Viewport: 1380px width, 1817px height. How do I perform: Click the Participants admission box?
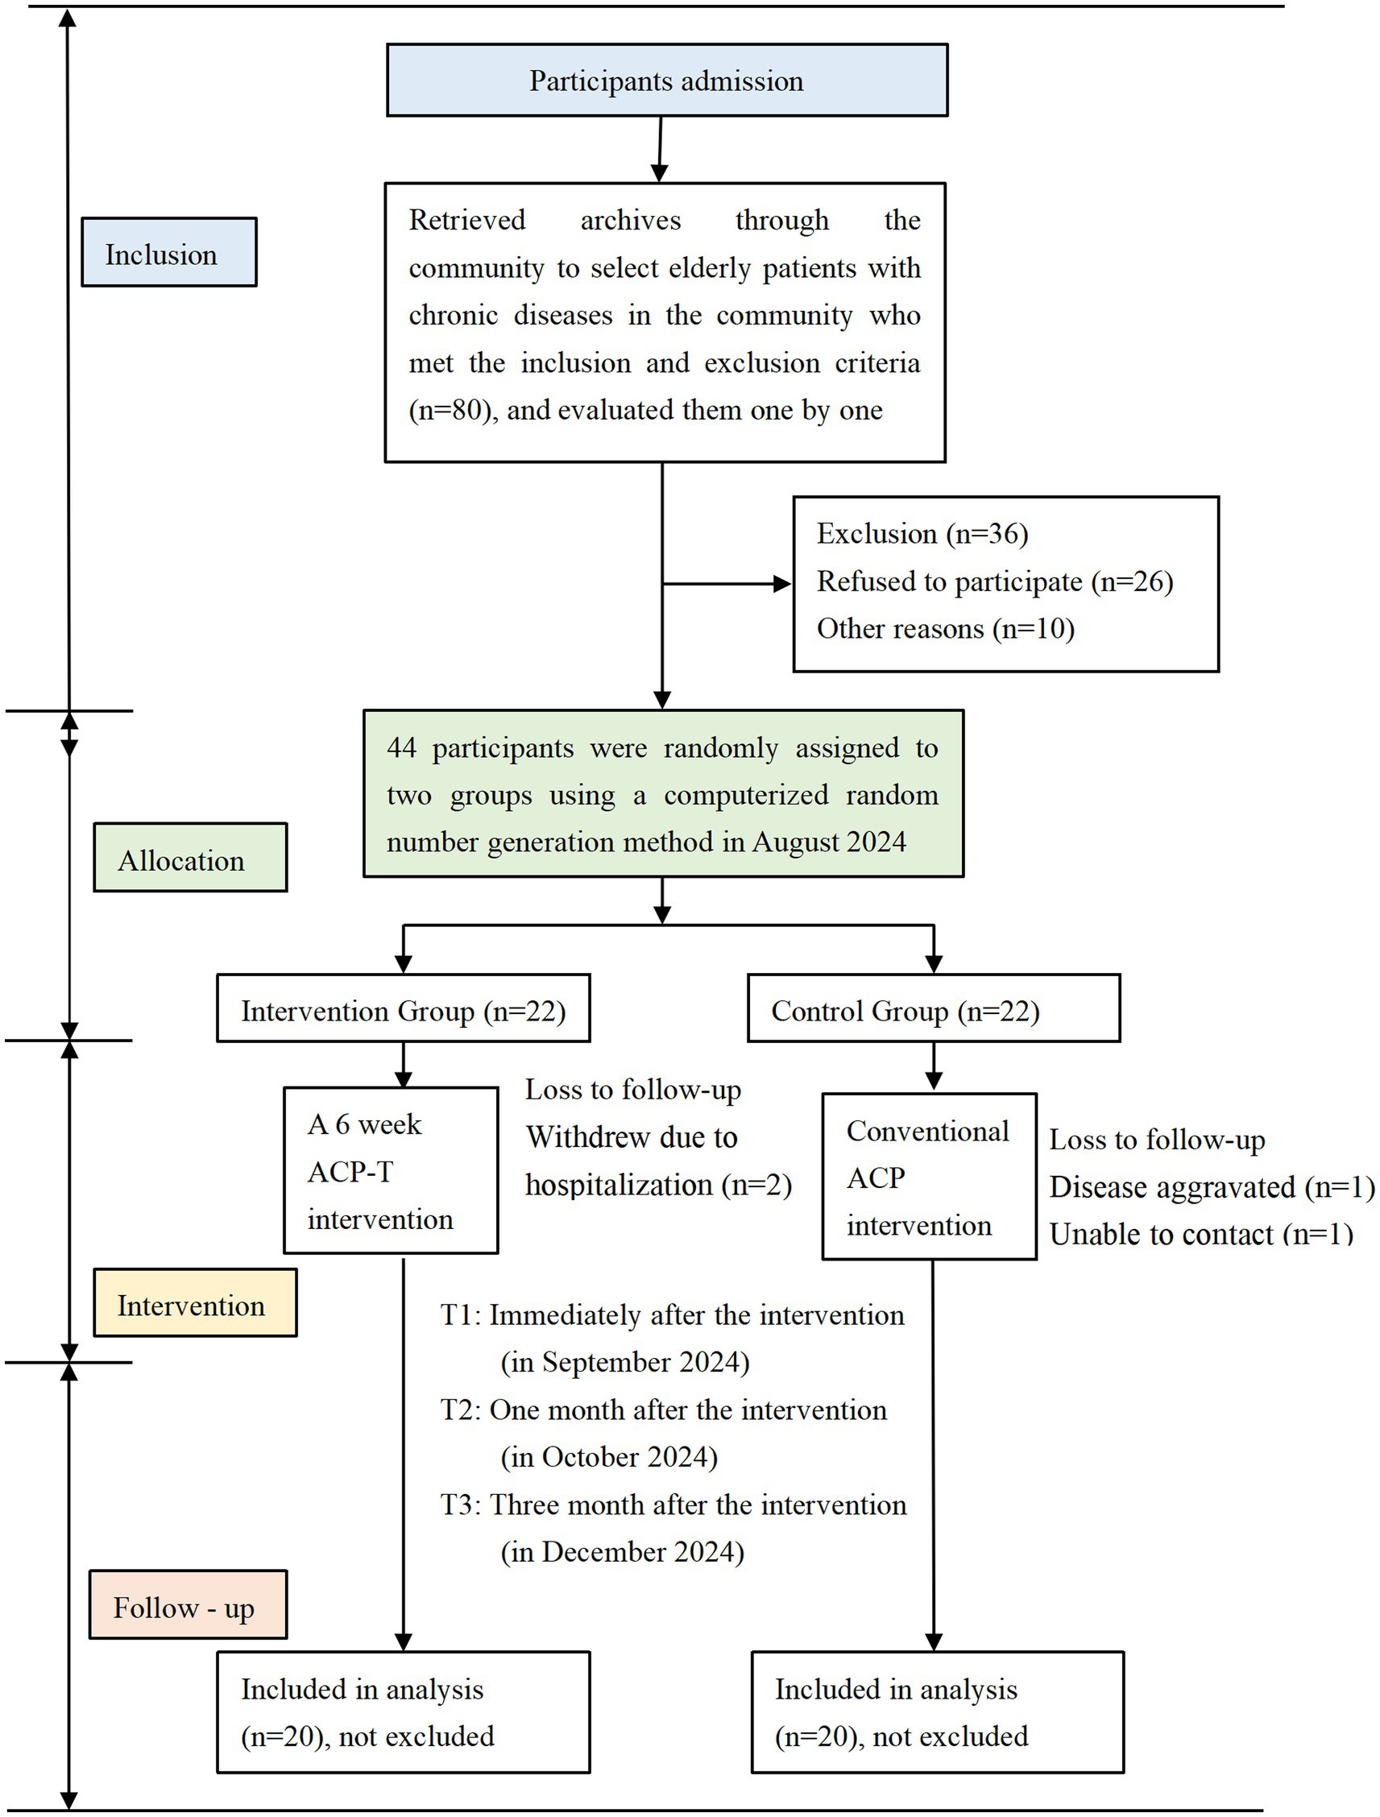[666, 80]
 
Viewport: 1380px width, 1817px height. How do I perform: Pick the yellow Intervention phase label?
[195, 1304]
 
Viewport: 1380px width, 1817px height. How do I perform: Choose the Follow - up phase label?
[187, 1606]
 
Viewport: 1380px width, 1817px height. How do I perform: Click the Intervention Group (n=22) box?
[403, 1008]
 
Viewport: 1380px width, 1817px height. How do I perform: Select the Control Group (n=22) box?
[933, 1008]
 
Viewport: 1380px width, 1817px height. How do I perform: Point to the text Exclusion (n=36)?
[922, 534]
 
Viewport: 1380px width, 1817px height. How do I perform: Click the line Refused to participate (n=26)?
[994, 582]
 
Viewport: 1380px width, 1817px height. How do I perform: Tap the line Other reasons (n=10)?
[945, 629]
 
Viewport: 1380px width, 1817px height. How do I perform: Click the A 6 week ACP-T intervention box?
[390, 1170]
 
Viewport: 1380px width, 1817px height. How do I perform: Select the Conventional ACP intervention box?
[928, 1176]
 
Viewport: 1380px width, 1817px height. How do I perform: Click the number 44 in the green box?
[402, 748]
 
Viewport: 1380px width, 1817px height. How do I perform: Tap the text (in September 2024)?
[625, 1362]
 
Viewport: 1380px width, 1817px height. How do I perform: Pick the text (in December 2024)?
[622, 1552]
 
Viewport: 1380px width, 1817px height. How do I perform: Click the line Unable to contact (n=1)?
[1200, 1233]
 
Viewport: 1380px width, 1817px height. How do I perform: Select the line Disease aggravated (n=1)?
[1211, 1186]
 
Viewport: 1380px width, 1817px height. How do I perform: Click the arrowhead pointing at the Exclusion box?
[782, 584]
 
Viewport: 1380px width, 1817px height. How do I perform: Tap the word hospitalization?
[618, 1185]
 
